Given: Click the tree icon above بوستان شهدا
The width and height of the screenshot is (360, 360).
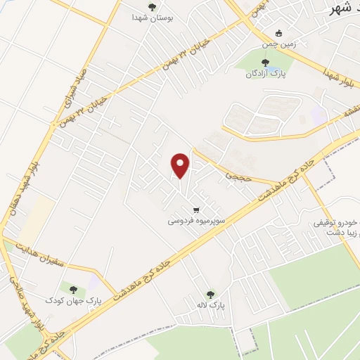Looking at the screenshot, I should coord(151,6).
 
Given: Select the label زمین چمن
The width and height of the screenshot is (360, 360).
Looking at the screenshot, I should coord(279,44).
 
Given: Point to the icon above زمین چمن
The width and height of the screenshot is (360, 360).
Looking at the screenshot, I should coord(279,33).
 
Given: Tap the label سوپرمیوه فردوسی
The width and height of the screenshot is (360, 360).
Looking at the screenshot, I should coord(196,220).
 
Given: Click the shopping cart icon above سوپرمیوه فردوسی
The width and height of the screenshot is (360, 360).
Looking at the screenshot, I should coord(196,210).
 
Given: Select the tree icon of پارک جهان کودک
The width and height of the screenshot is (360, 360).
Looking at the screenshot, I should coord(72,289).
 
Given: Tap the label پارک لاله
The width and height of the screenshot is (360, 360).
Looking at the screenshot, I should coord(210,305).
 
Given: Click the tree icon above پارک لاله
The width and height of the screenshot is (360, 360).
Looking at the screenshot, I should coord(210,295).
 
